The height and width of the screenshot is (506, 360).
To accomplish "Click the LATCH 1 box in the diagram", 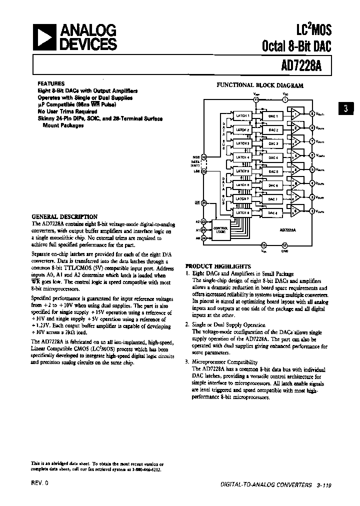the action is pyautogui.click(x=243, y=116).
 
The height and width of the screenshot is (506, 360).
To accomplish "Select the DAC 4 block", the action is pyautogui.click(x=273, y=157).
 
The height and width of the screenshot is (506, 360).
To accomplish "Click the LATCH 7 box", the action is pyautogui.click(x=243, y=199).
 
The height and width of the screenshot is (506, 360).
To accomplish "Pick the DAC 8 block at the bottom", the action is pyautogui.click(x=273, y=213).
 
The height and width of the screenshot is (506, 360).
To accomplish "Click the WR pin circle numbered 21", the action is pyautogui.click(x=203, y=203).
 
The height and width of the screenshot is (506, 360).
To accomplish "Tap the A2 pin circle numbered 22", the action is pyautogui.click(x=203, y=220).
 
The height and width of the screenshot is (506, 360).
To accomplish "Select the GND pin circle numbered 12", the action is pyautogui.click(x=284, y=245).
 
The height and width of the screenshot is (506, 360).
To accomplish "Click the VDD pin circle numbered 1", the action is pyautogui.click(x=285, y=99).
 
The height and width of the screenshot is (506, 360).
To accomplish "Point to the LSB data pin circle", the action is pyautogui.click(x=203, y=170).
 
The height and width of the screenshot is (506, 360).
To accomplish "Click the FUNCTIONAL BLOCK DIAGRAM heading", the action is pyautogui.click(x=259, y=85).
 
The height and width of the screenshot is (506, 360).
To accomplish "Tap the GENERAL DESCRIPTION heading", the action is pyautogui.click(x=64, y=216).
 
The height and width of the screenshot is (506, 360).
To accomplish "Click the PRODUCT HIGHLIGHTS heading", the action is pyautogui.click(x=218, y=266).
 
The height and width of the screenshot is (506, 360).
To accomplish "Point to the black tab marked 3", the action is pyautogui.click(x=346, y=109).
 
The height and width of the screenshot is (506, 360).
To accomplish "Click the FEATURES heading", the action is pyautogui.click(x=51, y=83).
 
